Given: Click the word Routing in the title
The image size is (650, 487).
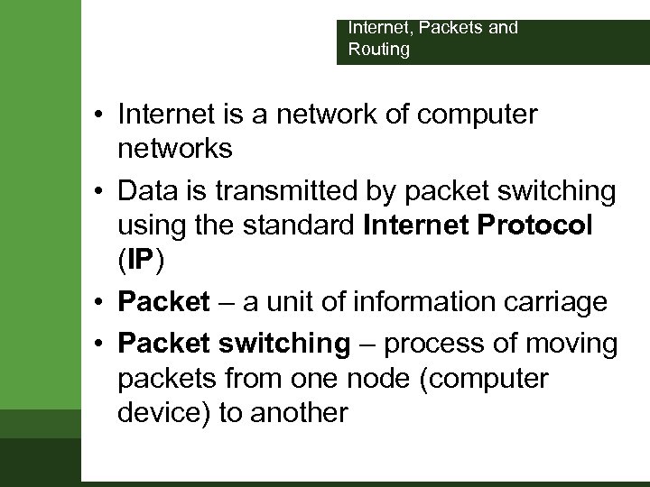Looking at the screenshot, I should (379, 50).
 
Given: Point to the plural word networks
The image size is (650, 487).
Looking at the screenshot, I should (174, 150).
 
